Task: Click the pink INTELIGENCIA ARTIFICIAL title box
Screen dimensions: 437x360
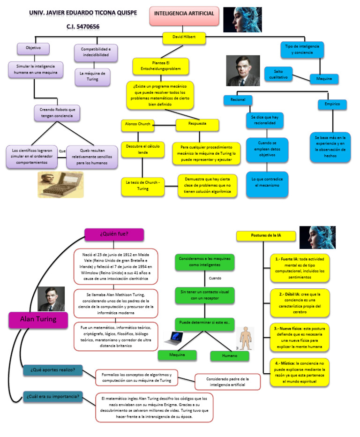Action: pyautogui.click(x=184, y=16)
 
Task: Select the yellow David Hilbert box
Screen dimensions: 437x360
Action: pyautogui.click(x=184, y=38)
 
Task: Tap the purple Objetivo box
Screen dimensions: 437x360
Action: pyautogui.click(x=33, y=48)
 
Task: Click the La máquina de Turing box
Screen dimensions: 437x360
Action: pyautogui.click(x=92, y=76)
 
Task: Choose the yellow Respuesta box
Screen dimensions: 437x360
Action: pyautogui.click(x=197, y=125)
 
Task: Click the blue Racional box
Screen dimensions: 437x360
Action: pyautogui.click(x=238, y=100)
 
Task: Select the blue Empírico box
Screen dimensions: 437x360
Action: pyautogui.click(x=332, y=104)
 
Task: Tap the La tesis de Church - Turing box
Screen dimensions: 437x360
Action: pyautogui.click(x=142, y=185)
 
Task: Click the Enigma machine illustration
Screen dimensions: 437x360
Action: pyautogui.click(x=60, y=184)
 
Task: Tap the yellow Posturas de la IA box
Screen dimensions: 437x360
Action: pyautogui.click(x=266, y=236)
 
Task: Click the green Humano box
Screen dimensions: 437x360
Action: pyautogui.click(x=229, y=356)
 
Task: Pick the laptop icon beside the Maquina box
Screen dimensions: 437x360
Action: pyautogui.click(x=174, y=339)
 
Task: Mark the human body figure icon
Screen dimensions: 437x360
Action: pyautogui.click(x=244, y=339)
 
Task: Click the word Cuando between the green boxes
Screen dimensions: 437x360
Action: pyautogui.click(x=215, y=278)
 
